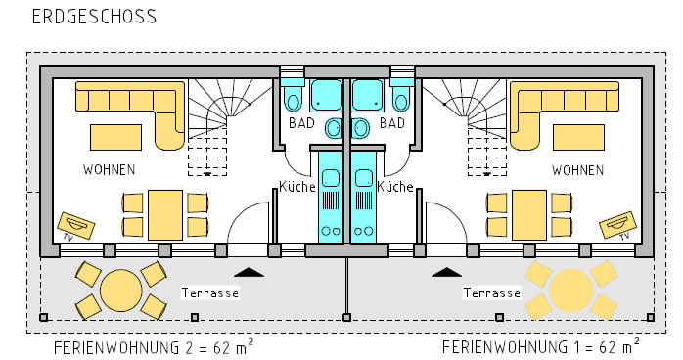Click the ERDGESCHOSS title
(94, 17)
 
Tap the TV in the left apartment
(76, 226)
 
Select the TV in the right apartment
(617, 225)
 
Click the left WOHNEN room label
(109, 169)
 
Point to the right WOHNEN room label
(577, 170)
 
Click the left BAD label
(301, 123)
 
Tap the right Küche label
(395, 186)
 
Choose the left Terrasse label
(210, 292)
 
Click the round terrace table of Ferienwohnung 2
(121, 291)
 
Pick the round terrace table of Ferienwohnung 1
(571, 291)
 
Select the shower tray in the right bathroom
(367, 95)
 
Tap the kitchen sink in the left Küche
(330, 178)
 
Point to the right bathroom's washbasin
(360, 129)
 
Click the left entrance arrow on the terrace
(249, 273)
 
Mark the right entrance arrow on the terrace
(446, 273)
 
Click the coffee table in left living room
(115, 138)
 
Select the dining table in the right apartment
(529, 215)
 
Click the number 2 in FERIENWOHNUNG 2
(190, 348)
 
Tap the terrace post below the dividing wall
(346, 317)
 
